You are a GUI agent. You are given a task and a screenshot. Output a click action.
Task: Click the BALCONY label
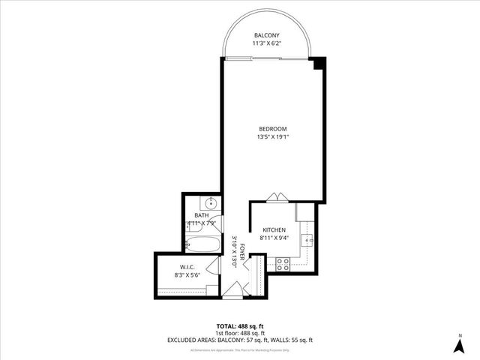pyautogui.click(x=267, y=35)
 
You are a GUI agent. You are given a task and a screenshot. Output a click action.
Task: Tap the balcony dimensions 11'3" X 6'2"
pyautogui.click(x=267, y=43)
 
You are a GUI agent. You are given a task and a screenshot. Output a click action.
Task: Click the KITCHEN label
pyautogui.click(x=274, y=230)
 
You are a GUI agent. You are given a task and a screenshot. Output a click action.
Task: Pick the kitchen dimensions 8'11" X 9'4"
pyautogui.click(x=274, y=238)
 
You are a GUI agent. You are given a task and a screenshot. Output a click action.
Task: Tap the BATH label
pyautogui.click(x=202, y=216)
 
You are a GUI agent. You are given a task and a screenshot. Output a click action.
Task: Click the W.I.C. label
pyautogui.click(x=187, y=268)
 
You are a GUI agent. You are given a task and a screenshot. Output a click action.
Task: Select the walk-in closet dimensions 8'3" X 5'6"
pyautogui.click(x=187, y=275)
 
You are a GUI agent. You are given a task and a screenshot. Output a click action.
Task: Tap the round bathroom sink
pyautogui.click(x=211, y=202)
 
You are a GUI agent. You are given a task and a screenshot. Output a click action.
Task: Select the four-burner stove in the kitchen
pyautogui.click(x=283, y=263)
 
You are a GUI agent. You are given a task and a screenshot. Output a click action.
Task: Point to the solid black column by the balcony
pyautogui.click(x=320, y=64)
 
